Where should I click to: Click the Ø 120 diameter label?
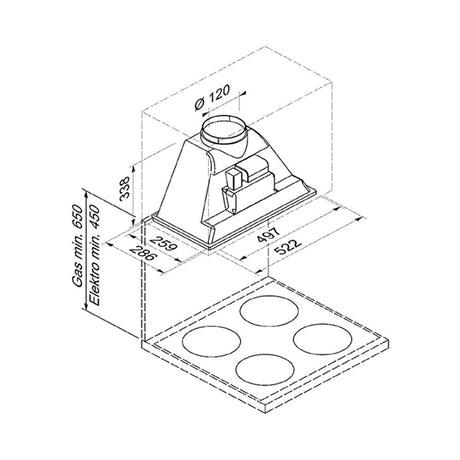tap(212, 97)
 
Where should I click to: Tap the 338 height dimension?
tap(124, 188)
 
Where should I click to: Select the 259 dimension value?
tap(164, 244)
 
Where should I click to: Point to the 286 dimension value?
tap(143, 253)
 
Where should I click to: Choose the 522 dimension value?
tap(288, 246)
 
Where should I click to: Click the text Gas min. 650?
tap(78, 246)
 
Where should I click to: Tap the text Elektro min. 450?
tap(94, 255)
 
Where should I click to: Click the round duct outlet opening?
tap(223, 129)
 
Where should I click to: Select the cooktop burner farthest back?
tap(269, 310)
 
